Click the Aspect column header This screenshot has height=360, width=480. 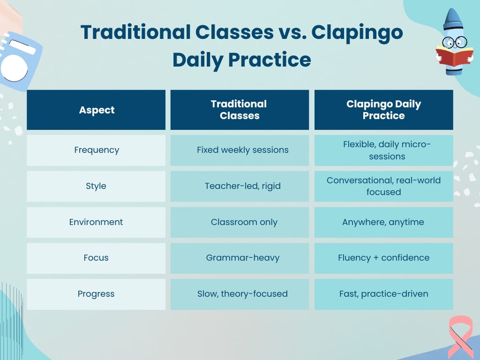97,110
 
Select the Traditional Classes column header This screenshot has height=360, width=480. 239,110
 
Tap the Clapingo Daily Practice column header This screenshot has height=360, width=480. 383,110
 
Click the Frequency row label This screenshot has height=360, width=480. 97,150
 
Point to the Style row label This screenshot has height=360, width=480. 96,186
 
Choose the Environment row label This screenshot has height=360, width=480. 96,222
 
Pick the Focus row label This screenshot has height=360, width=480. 96,258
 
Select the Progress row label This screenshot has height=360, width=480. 96,294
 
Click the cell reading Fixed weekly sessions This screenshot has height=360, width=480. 242,150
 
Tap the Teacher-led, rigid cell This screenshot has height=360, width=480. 242,186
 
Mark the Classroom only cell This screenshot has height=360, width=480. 244,222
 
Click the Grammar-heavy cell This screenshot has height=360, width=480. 242,258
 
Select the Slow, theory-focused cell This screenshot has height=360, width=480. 242,294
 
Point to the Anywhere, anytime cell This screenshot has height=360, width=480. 383,222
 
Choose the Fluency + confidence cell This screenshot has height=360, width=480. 383,258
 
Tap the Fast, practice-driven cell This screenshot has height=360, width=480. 383,294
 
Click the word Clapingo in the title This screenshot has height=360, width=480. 357,33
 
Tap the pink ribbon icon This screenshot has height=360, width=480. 460,335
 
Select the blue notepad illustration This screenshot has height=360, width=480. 19,61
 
